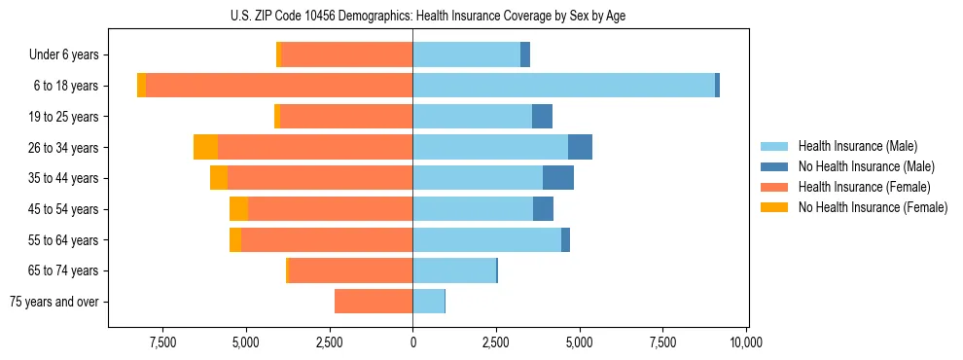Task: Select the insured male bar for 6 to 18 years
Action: coord(564,86)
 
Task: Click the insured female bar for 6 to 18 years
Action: coord(279,86)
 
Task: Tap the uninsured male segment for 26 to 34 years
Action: coord(580,147)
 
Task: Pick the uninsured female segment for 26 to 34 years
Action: coord(205,147)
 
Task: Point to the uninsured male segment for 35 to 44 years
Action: coord(557,178)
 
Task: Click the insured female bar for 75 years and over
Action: coord(374,302)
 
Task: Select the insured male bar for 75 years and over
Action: coord(429,302)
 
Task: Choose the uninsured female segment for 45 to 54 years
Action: coord(238,209)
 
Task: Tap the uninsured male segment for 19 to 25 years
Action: coord(542,117)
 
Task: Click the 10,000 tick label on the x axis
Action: coord(745,342)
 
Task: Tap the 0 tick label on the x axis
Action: coord(412,342)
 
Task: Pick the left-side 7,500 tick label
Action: coord(162,342)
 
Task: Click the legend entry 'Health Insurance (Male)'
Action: coord(857,146)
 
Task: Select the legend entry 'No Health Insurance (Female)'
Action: coord(873,207)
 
